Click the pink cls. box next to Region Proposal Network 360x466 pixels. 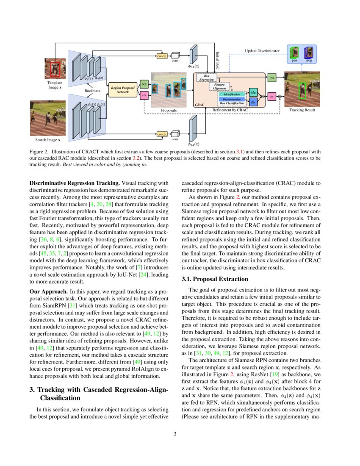click(144, 96)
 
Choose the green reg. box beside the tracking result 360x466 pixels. click(271, 78)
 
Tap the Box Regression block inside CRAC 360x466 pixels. click(207, 78)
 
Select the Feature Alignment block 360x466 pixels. click(219, 86)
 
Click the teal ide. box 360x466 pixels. click(253, 92)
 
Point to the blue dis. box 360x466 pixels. click(253, 102)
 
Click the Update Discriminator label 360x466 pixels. click(263, 51)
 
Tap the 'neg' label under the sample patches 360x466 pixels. click(309, 61)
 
